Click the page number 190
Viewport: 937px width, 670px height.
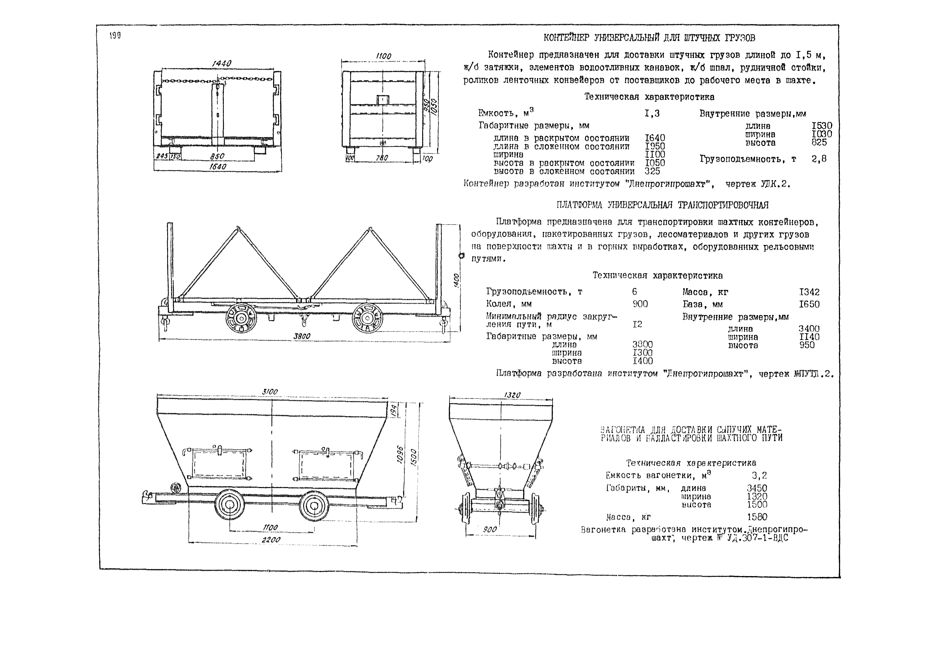tap(115, 36)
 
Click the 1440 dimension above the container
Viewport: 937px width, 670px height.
tap(221, 63)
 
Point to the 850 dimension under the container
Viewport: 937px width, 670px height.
tap(217, 156)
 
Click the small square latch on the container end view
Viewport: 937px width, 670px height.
tap(383, 100)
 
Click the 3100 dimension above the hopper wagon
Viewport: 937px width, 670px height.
tap(270, 391)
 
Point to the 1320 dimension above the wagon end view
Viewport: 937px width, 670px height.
tap(512, 395)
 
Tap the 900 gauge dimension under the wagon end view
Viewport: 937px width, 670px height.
tap(490, 529)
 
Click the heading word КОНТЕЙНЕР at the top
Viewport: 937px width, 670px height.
tap(567, 38)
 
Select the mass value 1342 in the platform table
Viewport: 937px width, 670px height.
tap(809, 292)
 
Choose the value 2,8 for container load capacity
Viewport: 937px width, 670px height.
tap(819, 159)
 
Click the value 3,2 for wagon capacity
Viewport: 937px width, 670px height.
tap(759, 475)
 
